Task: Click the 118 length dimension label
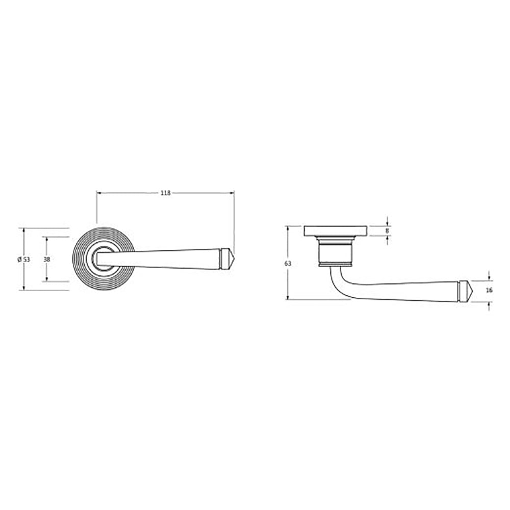[x=166, y=193]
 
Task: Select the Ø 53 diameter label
[x=24, y=259]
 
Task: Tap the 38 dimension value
[x=47, y=259]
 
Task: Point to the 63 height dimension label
[x=288, y=264]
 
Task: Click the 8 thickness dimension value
[x=387, y=231]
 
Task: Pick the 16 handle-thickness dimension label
[x=489, y=291]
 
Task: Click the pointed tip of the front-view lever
[x=234, y=259]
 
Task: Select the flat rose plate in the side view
[x=336, y=231]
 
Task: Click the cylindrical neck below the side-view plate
[x=336, y=251]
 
